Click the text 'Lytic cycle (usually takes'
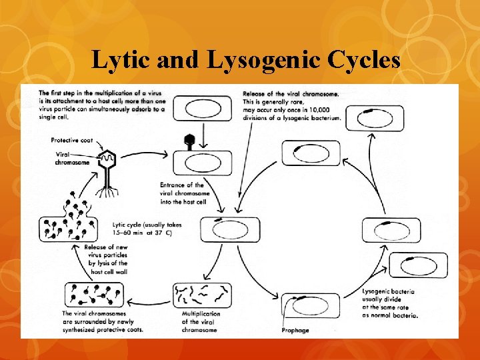[147, 225]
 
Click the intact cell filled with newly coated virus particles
[94, 295]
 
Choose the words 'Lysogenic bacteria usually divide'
[389, 296]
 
